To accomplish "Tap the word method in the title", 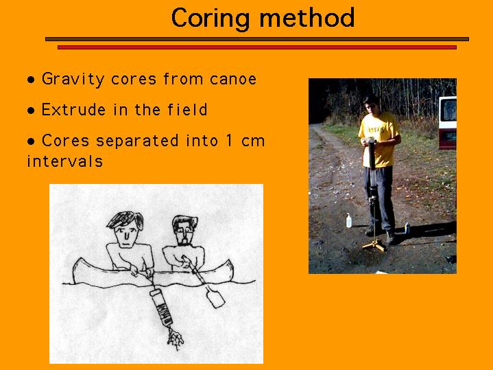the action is click(x=307, y=18).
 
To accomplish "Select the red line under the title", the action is click(x=257, y=47).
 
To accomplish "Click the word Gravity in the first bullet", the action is click(x=73, y=79).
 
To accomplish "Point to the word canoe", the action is click(x=233, y=79).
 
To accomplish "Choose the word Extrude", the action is click(x=73, y=110).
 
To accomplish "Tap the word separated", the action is click(x=137, y=141).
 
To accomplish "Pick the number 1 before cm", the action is click(x=229, y=140).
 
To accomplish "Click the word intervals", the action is click(x=65, y=161).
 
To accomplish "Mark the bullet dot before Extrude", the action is click(x=31, y=111).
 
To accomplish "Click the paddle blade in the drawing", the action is click(x=216, y=297).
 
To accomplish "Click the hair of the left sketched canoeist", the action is click(x=125, y=219).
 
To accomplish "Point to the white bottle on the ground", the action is click(x=349, y=220).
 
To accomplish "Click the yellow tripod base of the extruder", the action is click(x=374, y=245).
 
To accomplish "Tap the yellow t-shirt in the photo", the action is click(x=379, y=139).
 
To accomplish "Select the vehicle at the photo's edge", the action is click(x=448, y=123).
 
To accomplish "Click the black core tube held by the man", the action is click(x=372, y=154).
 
